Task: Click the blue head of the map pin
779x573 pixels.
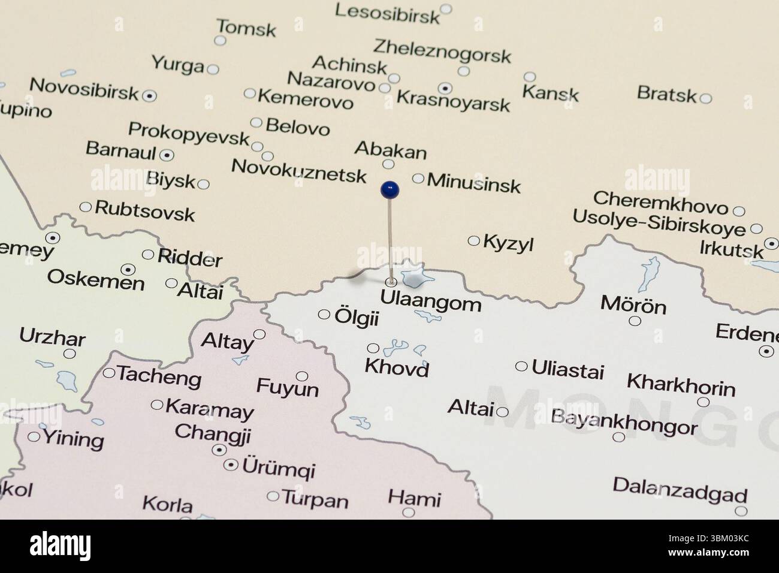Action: tap(389, 190)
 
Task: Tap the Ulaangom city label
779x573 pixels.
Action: tap(431, 303)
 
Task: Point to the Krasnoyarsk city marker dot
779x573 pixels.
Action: tap(445, 88)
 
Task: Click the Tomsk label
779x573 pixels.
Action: tap(246, 28)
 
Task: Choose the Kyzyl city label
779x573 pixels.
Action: tap(508, 244)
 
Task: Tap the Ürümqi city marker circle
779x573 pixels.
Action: tap(231, 465)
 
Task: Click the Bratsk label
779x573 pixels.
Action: tap(667, 94)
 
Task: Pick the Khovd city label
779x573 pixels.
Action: tap(397, 367)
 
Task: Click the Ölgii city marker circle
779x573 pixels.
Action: tap(324, 314)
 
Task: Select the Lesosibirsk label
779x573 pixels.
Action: tap(387, 14)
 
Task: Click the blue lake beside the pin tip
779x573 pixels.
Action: tap(414, 276)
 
